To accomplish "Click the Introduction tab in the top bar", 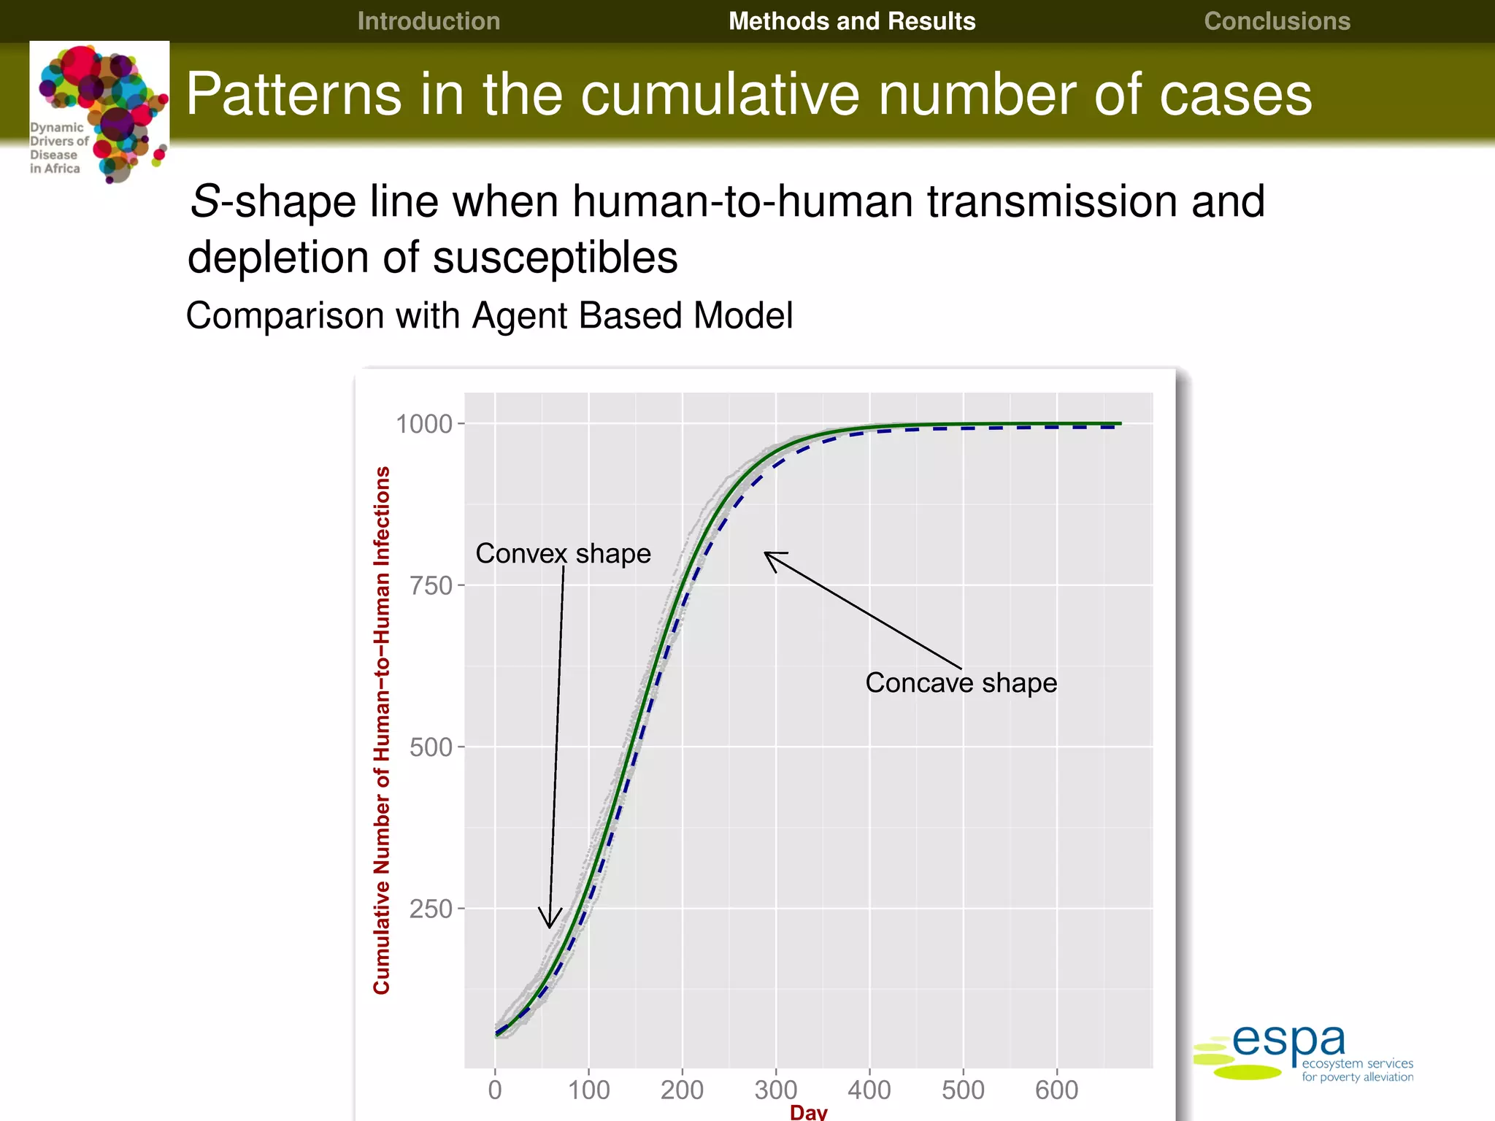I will [x=428, y=21].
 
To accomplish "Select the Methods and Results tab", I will [x=852, y=21].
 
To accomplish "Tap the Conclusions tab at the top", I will [x=1277, y=21].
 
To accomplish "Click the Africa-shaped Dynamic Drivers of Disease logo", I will [x=100, y=112].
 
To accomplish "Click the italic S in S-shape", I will [x=204, y=201].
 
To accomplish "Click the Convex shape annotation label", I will [x=563, y=553].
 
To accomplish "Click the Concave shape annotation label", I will [x=961, y=683].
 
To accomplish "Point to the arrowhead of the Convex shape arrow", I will [x=550, y=925].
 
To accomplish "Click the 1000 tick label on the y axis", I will [x=424, y=424].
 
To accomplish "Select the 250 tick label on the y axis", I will [x=431, y=909].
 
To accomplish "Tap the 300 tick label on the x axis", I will [x=775, y=1090].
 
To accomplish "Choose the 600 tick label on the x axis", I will [x=1056, y=1090].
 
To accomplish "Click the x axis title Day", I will [x=808, y=1112].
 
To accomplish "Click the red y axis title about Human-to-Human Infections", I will [x=382, y=730].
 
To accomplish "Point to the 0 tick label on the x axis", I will [x=495, y=1090].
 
